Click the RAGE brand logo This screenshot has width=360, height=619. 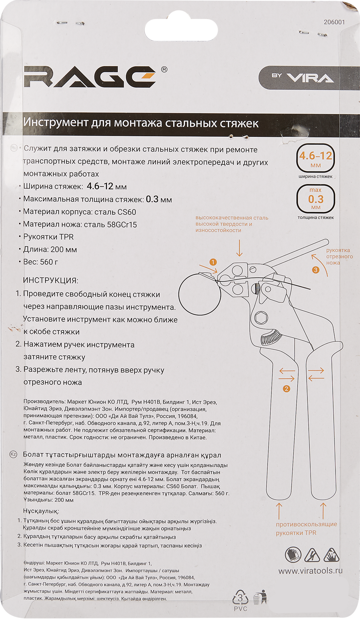click(90, 77)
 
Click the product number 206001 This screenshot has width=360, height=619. click(334, 22)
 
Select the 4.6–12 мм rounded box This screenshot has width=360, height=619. click(315, 158)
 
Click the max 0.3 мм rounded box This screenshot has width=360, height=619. click(315, 199)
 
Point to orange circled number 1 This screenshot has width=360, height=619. click(213, 262)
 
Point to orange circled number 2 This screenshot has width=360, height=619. click(286, 389)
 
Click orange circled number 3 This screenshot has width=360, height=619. click(315, 270)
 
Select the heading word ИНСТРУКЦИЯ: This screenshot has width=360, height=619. click(50, 280)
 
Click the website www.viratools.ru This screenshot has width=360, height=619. click(310, 571)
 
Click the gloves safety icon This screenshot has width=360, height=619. click(293, 555)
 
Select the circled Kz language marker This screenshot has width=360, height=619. click(13, 454)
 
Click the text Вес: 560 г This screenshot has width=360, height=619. click(41, 262)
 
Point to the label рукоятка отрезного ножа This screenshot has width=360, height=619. click(339, 256)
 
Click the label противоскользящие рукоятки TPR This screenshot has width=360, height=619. click(306, 528)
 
